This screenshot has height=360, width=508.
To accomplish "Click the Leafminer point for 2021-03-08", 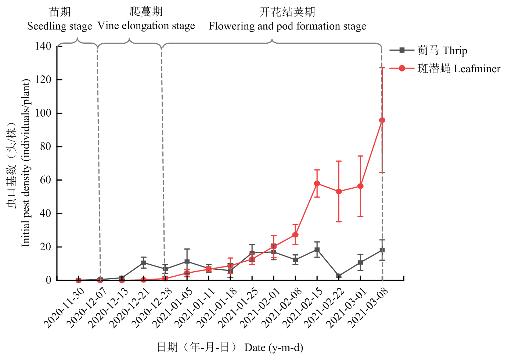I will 382,120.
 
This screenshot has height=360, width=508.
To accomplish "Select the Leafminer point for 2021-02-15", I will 317,183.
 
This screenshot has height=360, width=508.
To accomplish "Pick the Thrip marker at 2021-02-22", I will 339,276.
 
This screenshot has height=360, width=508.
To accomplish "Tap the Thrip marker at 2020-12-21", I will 144,263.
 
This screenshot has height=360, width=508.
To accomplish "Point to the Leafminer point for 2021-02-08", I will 295,234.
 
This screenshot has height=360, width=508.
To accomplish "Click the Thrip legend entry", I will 442,50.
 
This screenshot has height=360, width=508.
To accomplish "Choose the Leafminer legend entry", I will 458,69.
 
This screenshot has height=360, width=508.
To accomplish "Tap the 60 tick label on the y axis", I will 46,180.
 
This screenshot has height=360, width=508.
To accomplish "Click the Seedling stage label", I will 60,26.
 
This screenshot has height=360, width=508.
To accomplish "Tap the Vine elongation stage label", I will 146,26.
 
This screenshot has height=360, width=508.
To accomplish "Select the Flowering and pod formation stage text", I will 287,26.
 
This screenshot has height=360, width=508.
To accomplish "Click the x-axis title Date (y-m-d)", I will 274,348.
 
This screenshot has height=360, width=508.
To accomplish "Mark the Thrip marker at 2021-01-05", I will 187,262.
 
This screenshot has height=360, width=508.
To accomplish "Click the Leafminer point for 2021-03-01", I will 360,186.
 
